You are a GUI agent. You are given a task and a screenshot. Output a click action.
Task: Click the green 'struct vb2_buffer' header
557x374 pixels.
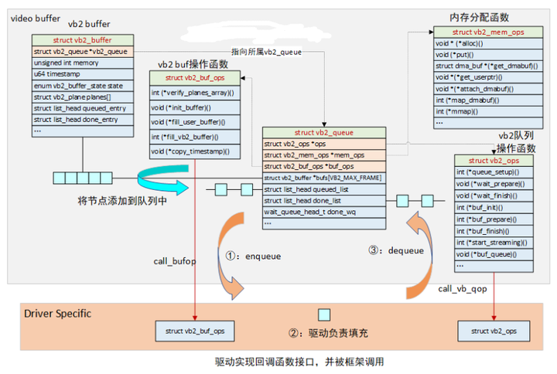click(83, 39)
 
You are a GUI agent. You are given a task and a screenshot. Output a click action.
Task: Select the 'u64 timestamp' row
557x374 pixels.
click(83, 73)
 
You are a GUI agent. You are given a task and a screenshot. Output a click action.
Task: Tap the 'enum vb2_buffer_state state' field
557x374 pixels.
click(83, 85)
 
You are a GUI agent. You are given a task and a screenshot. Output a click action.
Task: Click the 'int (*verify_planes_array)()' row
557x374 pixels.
click(196, 93)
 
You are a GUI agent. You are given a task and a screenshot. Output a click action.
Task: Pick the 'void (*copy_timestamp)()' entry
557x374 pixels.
click(196, 151)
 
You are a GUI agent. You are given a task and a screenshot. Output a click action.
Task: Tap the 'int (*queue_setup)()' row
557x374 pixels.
click(493, 172)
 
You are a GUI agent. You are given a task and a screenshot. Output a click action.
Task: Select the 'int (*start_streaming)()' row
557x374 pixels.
click(493, 243)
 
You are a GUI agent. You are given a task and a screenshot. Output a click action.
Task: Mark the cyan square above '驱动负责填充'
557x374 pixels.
click(325, 314)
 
